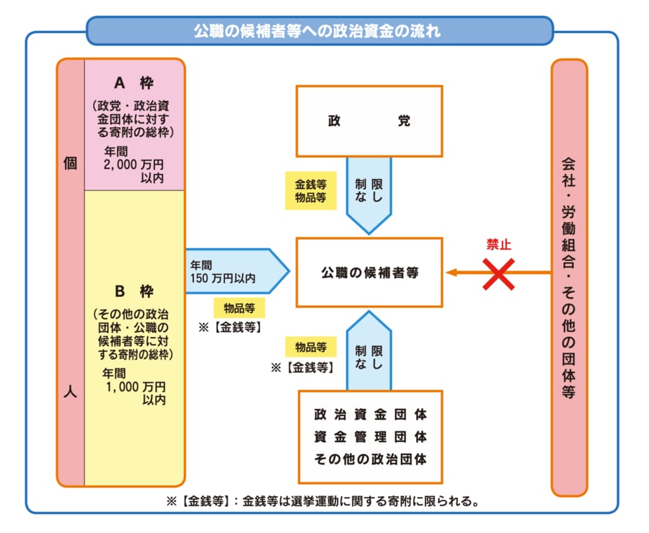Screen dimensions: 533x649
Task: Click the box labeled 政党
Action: click(x=369, y=121)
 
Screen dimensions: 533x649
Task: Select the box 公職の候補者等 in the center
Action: click(x=369, y=273)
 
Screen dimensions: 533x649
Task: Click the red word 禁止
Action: click(x=498, y=245)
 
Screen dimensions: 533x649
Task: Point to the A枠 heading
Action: click(x=134, y=83)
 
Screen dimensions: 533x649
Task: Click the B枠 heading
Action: click(x=134, y=291)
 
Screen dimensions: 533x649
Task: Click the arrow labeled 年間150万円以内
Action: click(x=234, y=271)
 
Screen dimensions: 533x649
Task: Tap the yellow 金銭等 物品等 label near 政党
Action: click(x=310, y=190)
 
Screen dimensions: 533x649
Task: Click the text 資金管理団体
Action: click(x=370, y=436)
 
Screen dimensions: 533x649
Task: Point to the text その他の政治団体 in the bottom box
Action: click(x=370, y=458)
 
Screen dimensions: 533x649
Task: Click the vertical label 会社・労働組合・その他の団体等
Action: click(x=569, y=278)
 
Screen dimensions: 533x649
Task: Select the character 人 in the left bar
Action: click(x=70, y=395)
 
